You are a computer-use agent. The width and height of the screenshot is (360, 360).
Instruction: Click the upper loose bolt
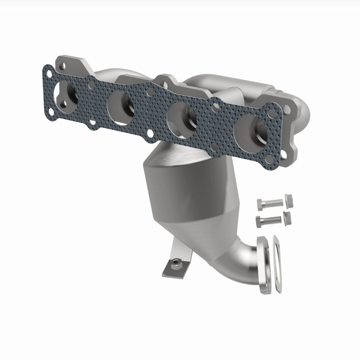[270, 203]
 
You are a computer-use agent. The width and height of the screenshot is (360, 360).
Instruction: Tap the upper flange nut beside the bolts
[290, 200]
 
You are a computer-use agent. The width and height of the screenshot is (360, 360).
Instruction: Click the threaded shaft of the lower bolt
[272, 220]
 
